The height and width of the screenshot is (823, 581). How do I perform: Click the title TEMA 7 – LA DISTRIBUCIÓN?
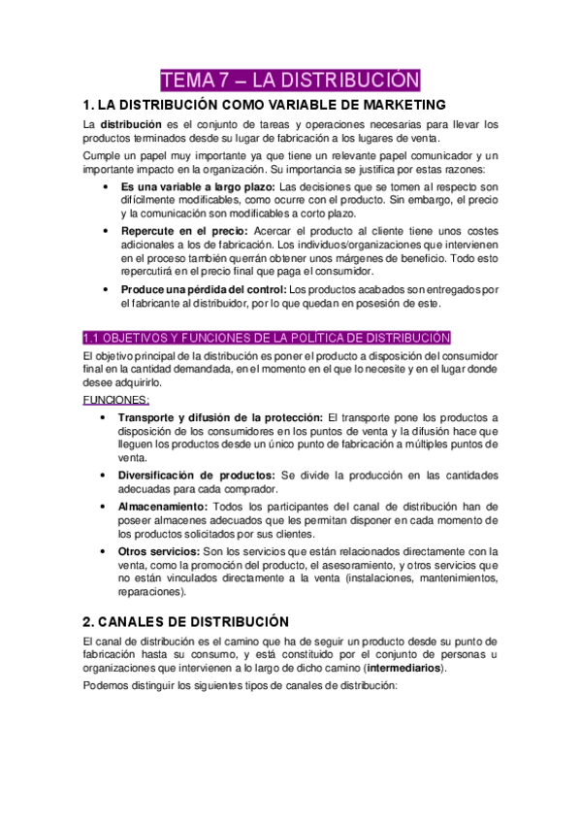[290, 79]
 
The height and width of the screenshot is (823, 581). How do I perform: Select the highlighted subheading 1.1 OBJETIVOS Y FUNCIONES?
[266, 338]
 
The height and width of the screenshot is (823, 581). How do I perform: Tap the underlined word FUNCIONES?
[115, 400]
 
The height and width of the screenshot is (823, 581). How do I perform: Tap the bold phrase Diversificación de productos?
[198, 476]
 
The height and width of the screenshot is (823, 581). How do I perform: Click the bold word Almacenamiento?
[164, 507]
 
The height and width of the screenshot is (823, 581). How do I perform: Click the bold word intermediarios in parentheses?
[399, 668]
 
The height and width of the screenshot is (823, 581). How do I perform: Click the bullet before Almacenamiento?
[105, 507]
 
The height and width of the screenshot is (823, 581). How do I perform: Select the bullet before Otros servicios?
[105, 551]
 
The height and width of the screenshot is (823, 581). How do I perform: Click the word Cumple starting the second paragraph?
[105, 155]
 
